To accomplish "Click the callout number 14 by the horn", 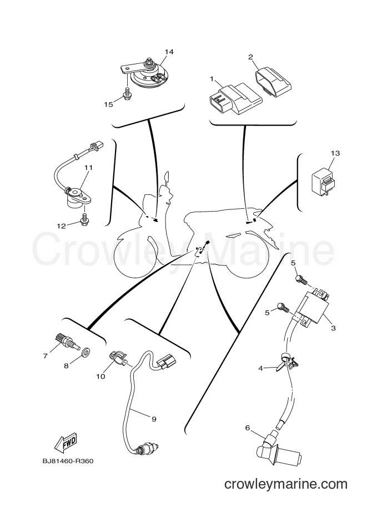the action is [x=169, y=52].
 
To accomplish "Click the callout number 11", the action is [x=89, y=168].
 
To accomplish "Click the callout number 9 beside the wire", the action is [x=154, y=419].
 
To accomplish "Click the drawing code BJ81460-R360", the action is [x=68, y=461].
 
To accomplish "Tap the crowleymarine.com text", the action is [x=286, y=484].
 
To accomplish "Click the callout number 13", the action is [x=335, y=153].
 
